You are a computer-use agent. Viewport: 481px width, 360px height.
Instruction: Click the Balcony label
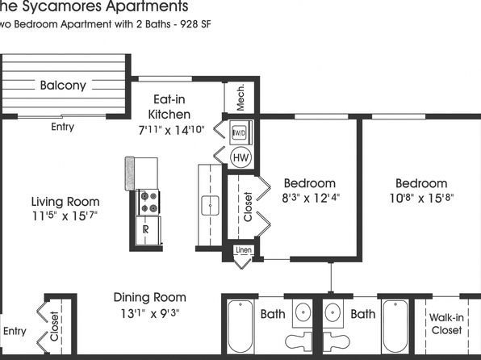click(63, 86)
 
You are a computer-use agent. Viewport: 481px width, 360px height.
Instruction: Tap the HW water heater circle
click(240, 157)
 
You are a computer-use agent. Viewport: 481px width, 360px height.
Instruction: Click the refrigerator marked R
click(148, 230)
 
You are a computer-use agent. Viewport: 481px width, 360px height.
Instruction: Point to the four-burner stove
click(148, 202)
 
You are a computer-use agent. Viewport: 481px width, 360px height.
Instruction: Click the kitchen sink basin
click(210, 205)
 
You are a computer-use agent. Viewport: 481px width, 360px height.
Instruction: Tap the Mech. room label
click(240, 97)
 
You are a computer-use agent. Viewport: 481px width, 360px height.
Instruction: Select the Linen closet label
click(244, 250)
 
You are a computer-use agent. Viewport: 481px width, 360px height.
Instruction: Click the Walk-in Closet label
click(446, 324)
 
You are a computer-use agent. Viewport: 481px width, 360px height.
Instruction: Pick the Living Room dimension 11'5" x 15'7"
click(65, 216)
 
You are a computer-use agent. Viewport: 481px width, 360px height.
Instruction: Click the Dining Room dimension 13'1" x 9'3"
click(149, 313)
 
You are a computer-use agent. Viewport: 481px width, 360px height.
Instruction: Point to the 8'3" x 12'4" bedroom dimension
click(311, 198)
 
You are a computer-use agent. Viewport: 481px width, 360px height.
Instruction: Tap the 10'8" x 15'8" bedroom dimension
click(421, 198)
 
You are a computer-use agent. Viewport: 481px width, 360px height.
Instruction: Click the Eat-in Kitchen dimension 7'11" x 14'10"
click(171, 130)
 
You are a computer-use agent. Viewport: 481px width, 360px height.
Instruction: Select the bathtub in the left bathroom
click(240, 326)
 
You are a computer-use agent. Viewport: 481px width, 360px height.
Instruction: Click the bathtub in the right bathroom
click(395, 326)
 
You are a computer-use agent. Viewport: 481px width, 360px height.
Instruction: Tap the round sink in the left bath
click(303, 312)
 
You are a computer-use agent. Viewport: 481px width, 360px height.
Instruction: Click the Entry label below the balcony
click(63, 127)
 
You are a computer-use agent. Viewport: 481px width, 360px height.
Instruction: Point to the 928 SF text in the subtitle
click(196, 24)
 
